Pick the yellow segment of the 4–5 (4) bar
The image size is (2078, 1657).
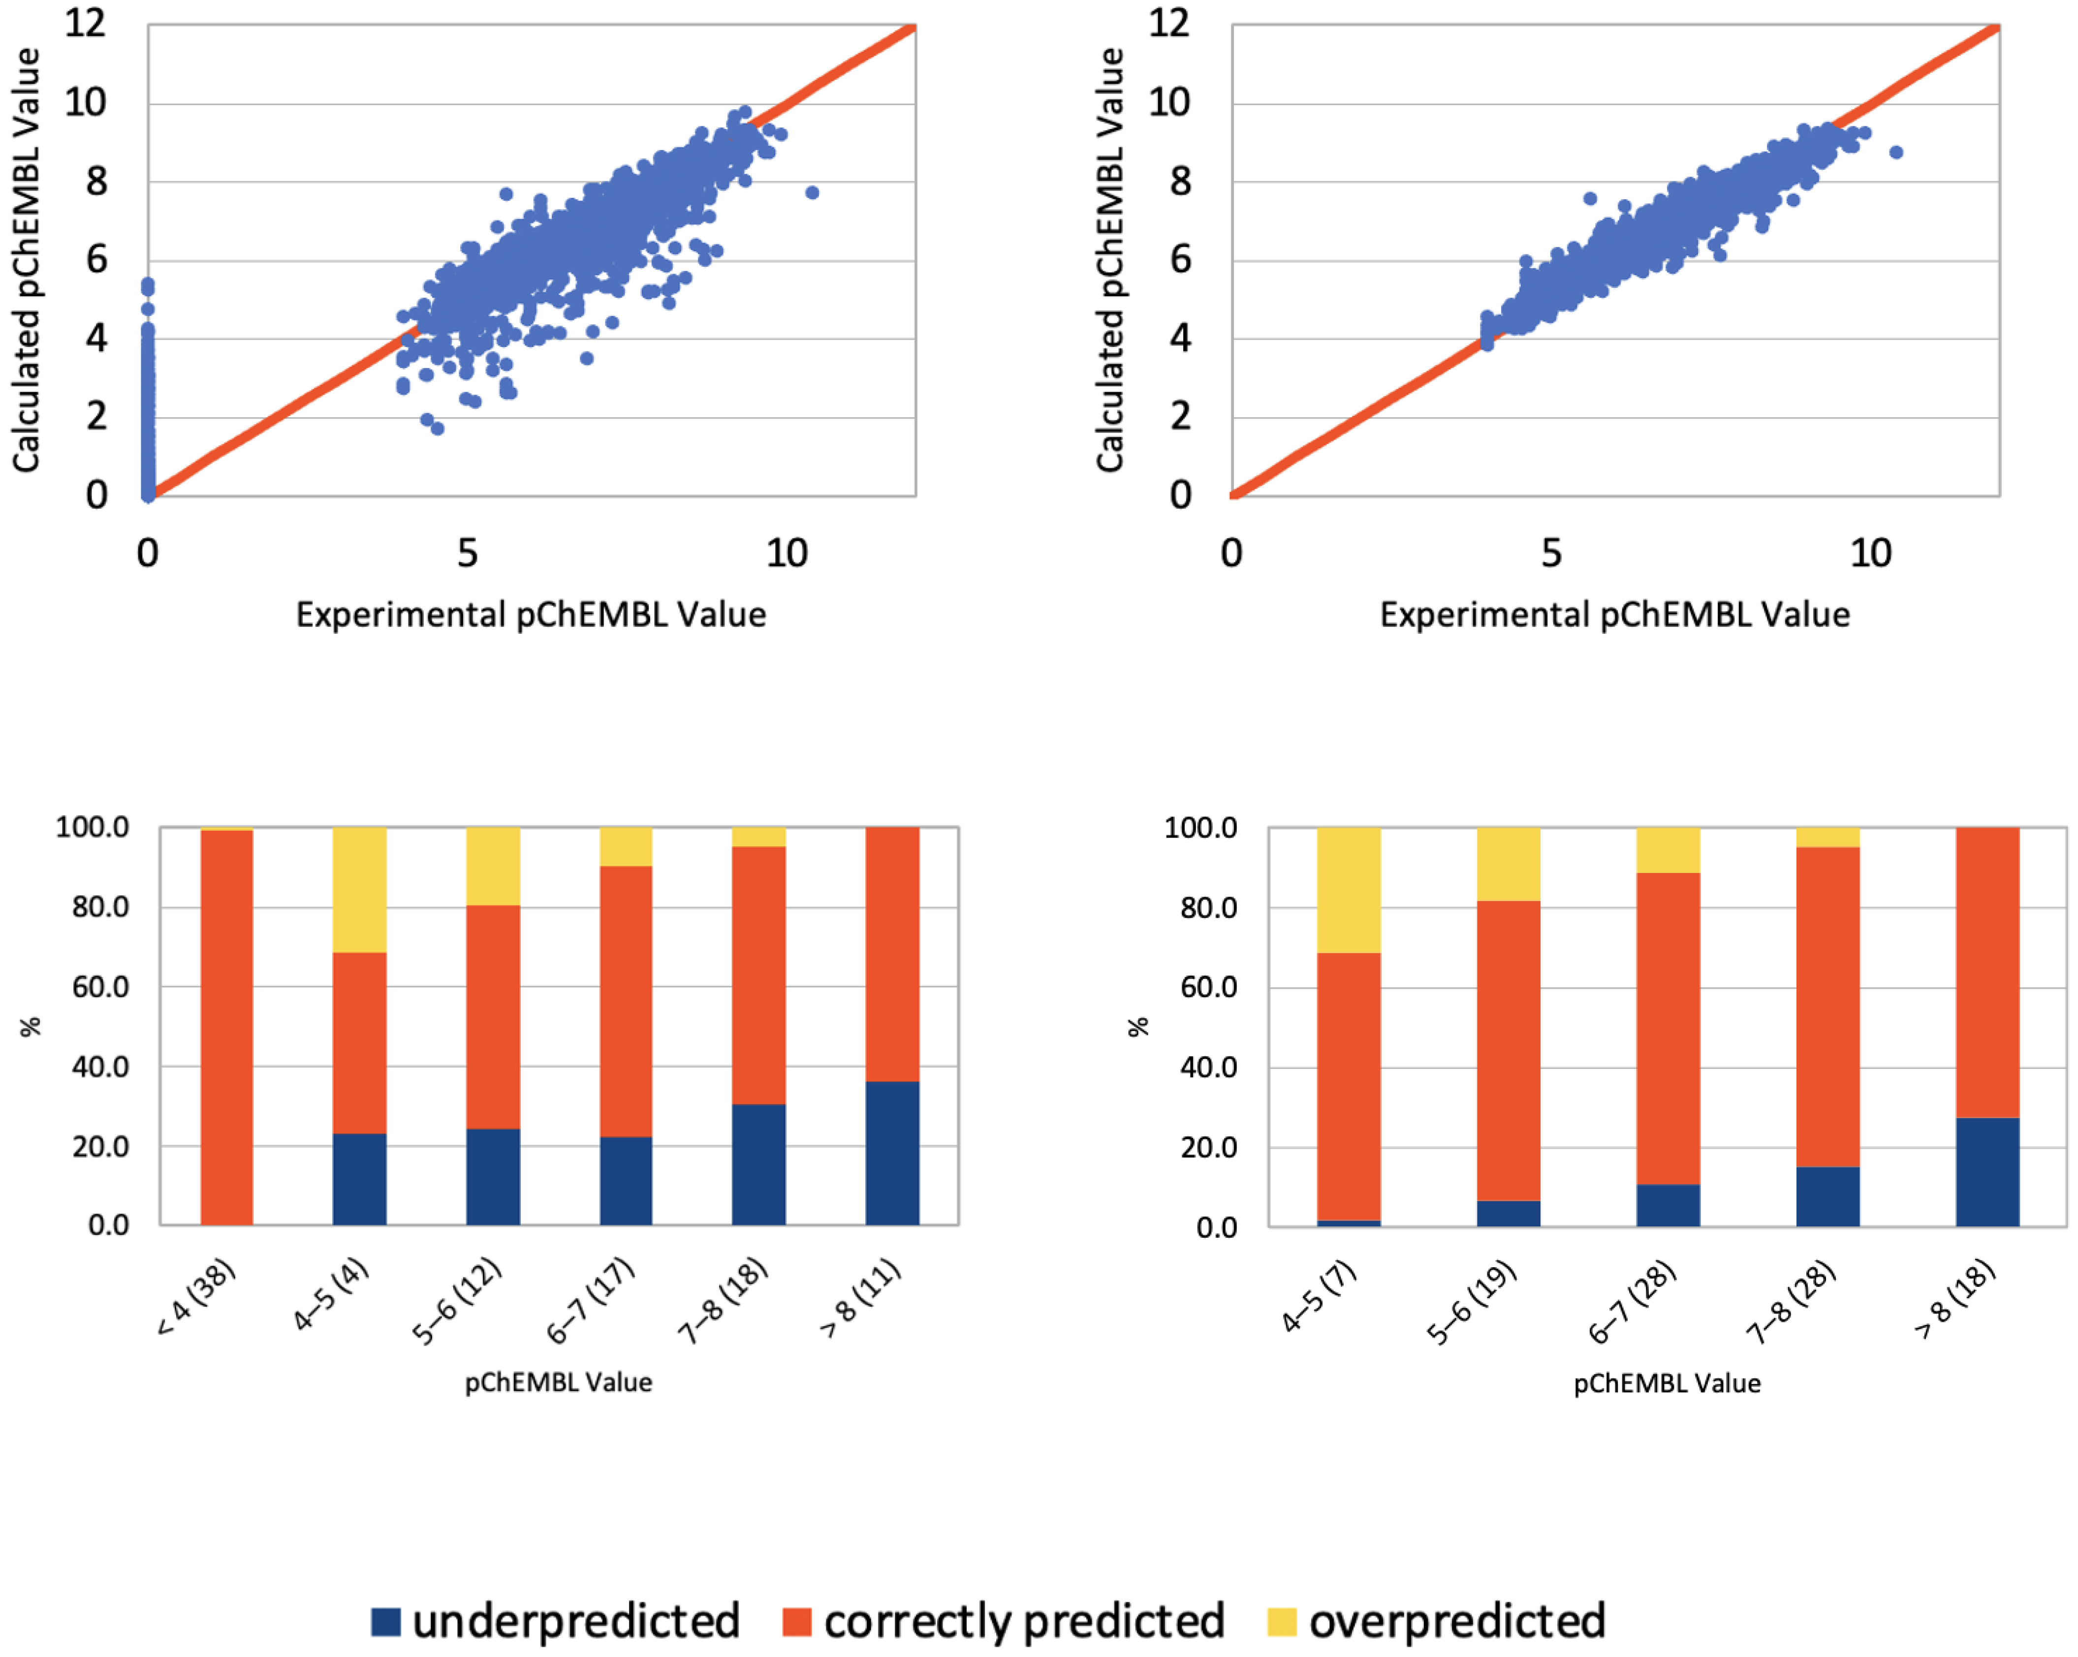[x=359, y=889]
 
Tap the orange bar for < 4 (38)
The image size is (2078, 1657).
[x=226, y=1027]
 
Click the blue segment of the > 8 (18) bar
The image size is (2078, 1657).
[x=1987, y=1171]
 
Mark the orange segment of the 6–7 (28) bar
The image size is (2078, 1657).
[x=1668, y=1028]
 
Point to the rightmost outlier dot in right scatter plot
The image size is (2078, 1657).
[x=1896, y=152]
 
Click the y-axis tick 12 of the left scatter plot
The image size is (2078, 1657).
[x=86, y=23]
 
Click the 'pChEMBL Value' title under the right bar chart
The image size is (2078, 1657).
[x=1667, y=1383]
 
